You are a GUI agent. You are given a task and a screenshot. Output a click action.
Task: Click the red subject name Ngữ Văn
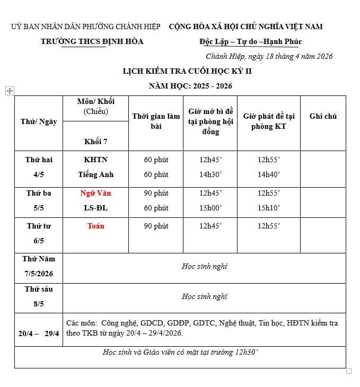click(x=95, y=193)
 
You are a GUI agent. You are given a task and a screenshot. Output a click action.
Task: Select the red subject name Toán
click(x=95, y=226)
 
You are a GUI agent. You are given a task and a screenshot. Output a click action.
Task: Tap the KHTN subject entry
click(x=95, y=159)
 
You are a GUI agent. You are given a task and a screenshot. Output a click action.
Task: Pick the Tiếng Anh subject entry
click(x=95, y=174)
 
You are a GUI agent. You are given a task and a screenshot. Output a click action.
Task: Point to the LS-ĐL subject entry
click(x=95, y=208)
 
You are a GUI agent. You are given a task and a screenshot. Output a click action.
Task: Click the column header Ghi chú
click(x=323, y=116)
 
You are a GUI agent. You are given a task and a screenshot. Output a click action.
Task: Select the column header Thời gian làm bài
click(x=156, y=121)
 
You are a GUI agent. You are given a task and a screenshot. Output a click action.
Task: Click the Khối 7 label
click(x=95, y=142)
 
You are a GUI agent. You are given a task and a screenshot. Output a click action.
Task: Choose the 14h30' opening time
click(x=210, y=174)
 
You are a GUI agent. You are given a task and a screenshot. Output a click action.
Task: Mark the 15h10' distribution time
click(x=269, y=208)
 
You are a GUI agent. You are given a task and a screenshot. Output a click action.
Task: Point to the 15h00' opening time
click(x=210, y=208)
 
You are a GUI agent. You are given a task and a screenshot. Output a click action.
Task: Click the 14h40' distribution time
click(x=269, y=174)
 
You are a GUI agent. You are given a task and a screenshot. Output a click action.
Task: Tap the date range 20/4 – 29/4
click(x=39, y=333)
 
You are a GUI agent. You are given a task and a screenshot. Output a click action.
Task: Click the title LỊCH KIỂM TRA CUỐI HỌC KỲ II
click(x=180, y=71)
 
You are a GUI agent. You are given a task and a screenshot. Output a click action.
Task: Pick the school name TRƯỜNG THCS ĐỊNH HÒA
click(x=92, y=41)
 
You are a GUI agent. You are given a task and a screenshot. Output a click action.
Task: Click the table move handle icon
click(x=9, y=91)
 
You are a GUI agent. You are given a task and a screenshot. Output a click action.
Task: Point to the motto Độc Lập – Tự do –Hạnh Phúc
click(x=250, y=41)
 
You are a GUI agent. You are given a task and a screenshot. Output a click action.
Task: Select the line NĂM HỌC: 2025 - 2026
click(x=190, y=86)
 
